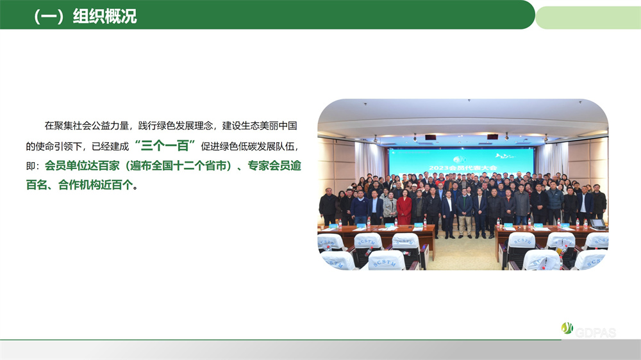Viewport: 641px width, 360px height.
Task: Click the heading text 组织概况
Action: click(x=104, y=17)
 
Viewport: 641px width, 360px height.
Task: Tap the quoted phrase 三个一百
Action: click(x=165, y=145)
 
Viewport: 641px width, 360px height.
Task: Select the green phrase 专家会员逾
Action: click(x=274, y=165)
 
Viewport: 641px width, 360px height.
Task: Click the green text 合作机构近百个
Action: click(x=96, y=184)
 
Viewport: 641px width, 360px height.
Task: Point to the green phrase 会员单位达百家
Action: click(x=82, y=165)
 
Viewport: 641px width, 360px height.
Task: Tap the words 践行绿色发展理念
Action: click(x=176, y=126)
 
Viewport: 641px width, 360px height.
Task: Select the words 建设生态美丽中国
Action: click(x=260, y=126)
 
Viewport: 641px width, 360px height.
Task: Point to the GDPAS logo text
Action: click(x=595, y=332)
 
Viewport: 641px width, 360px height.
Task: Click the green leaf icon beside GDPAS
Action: click(x=567, y=328)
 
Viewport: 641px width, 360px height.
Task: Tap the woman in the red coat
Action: click(x=404, y=208)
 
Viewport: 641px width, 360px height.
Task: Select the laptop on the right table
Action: click(x=597, y=224)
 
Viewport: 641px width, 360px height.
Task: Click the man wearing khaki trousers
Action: click(x=464, y=213)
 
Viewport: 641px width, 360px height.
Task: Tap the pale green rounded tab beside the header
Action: click(x=588, y=17)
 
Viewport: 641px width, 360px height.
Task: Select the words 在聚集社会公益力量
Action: click(x=87, y=126)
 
